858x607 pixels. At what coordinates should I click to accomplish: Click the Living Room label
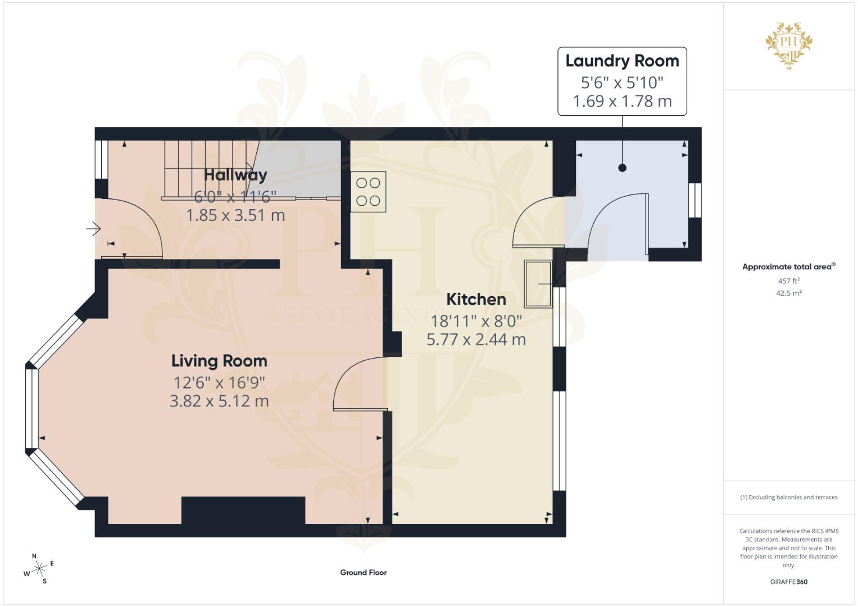pos(219,361)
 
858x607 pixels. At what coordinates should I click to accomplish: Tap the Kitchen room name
pos(476,299)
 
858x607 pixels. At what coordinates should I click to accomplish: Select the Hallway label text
pos(235,175)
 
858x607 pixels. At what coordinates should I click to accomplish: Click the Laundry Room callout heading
pos(622,61)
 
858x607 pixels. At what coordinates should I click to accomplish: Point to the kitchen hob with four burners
pos(368,192)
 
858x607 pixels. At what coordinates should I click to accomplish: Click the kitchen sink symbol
pos(538,284)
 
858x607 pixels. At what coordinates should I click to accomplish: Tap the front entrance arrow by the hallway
pos(93,229)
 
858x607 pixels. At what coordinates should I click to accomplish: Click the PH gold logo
pos(789,45)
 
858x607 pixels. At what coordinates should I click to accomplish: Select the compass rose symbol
pos(39,569)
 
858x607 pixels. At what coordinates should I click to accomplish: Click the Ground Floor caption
pos(363,573)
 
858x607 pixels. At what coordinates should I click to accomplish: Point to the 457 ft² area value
pos(789,281)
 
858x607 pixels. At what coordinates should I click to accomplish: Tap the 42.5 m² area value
pos(789,293)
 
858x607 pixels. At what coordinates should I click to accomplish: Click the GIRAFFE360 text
pos(789,582)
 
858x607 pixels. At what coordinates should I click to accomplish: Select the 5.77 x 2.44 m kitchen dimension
pos(476,339)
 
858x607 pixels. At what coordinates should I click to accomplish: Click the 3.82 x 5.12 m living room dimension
pos(219,401)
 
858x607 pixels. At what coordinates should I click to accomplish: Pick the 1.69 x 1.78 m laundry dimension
pos(622,101)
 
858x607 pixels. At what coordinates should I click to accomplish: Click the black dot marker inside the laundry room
pos(622,167)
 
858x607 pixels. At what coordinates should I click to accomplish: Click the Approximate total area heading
pos(789,267)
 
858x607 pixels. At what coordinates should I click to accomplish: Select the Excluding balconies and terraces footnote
pos(789,497)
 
